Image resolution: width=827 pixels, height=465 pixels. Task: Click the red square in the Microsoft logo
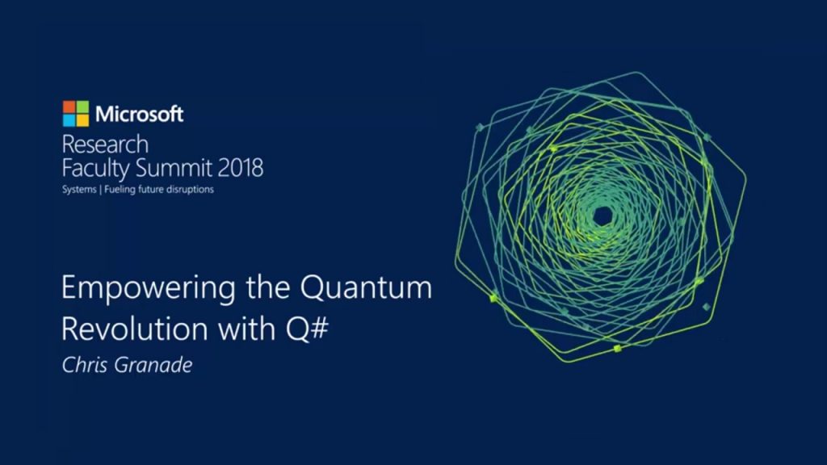coord(69,107)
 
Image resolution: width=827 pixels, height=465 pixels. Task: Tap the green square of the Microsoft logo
coord(82,107)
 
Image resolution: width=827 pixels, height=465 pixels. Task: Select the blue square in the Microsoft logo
coord(69,120)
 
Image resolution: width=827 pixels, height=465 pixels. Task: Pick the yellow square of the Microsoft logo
coord(82,120)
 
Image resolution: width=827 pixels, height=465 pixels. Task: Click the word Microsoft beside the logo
coord(139,114)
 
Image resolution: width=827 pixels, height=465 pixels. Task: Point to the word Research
coord(105,145)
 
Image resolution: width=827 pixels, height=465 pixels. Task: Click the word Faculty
coord(95,169)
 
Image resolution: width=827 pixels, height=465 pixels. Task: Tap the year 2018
coord(240,169)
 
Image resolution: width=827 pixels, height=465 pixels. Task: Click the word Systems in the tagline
coord(78,190)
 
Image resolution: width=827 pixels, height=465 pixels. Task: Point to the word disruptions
coord(191,190)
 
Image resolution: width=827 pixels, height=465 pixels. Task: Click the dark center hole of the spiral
coord(602,216)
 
